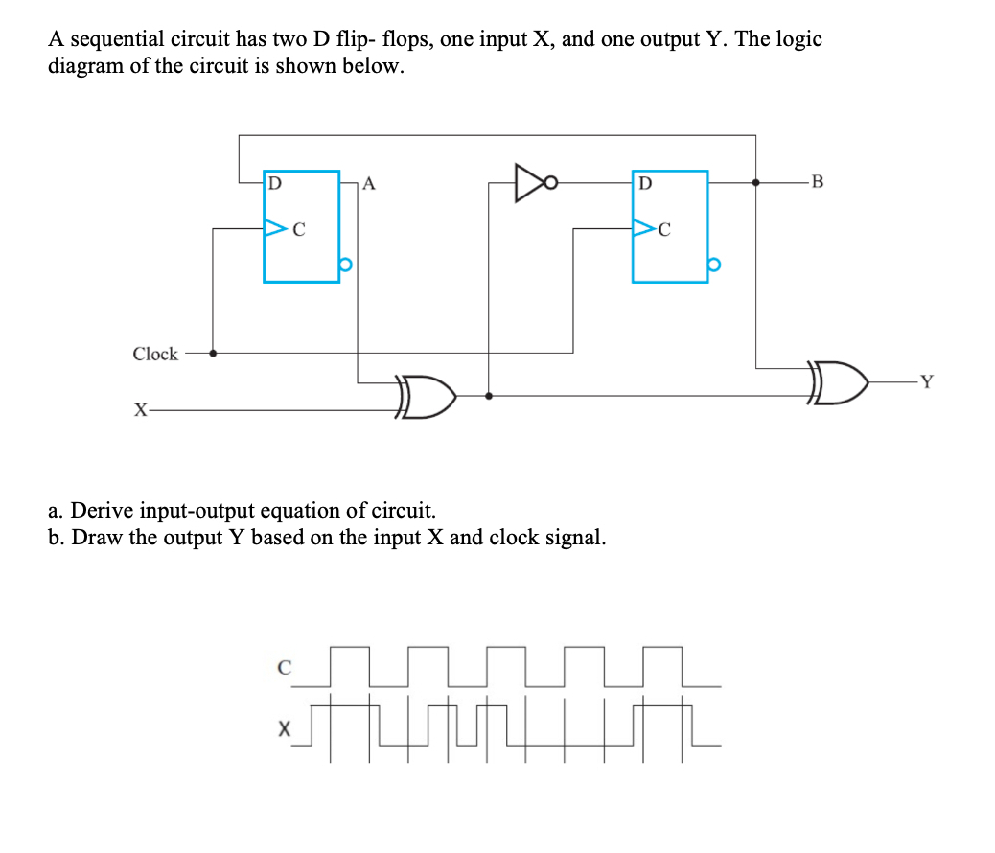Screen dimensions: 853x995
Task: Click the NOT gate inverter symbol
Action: (530, 182)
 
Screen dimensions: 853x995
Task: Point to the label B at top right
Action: (816, 181)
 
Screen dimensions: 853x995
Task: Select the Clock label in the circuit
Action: (155, 354)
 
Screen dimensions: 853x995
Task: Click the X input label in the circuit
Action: (140, 410)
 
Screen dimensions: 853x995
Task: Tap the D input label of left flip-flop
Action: (274, 181)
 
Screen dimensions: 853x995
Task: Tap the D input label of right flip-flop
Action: (644, 181)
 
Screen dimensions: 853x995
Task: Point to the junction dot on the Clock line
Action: (212, 353)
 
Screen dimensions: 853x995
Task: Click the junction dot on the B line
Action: (756, 181)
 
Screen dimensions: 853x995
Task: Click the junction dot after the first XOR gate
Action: (490, 395)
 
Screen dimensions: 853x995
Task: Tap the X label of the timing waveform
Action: (283, 729)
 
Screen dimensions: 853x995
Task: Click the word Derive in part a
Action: (103, 509)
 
